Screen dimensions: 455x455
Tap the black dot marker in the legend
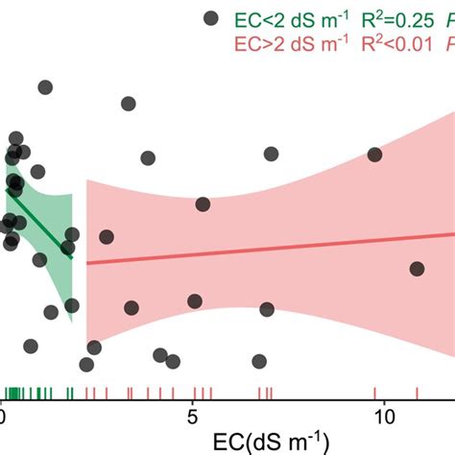(209, 18)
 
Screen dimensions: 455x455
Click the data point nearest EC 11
(417, 269)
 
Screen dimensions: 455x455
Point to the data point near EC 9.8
(375, 155)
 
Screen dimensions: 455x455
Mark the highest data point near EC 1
(45, 87)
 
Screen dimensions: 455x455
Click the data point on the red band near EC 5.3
(203, 204)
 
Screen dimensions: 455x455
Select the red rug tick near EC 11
(417, 393)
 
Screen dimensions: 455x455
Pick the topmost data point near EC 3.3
(128, 104)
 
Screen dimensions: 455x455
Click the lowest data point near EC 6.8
(258, 362)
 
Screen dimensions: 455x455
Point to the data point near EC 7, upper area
(272, 154)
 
